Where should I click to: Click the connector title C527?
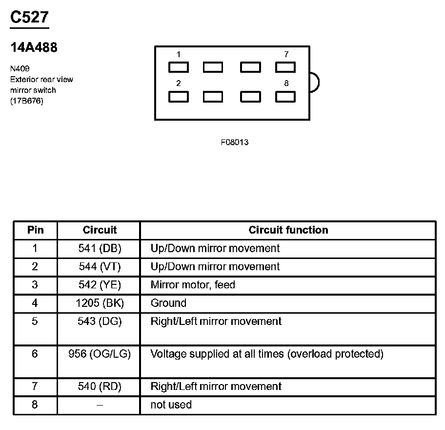pos(29,18)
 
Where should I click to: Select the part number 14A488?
pos(34,47)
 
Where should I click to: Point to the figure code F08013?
pos(235,143)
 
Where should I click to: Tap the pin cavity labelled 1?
pos(179,67)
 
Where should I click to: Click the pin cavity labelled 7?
pos(285,67)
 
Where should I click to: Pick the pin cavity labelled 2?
pos(179,97)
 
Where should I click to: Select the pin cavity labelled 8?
pos(285,97)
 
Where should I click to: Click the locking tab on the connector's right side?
pos(314,82)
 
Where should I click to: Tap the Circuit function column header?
pos(288,230)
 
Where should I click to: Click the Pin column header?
pos(35,230)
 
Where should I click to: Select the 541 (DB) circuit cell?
pos(100,248)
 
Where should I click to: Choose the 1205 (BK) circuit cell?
pos(100,303)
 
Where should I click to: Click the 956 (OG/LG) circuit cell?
pos(100,354)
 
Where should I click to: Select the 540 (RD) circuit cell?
pos(100,387)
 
